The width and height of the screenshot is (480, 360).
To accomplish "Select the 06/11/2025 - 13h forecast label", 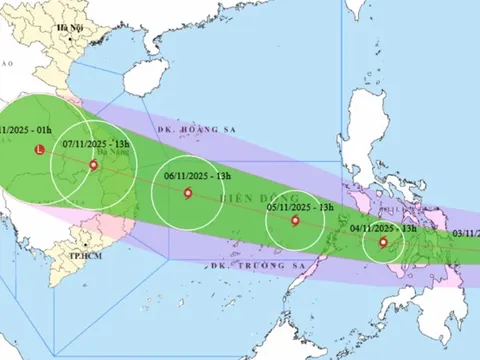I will pos(198,175).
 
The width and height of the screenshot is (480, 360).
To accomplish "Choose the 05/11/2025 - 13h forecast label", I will pos(296,206).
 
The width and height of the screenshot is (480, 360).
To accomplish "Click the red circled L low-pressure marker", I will pos(39,151).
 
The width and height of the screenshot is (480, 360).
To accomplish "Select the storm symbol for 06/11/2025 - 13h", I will pos(187,194).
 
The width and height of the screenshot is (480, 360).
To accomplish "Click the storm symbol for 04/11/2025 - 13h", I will pos(383,241).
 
